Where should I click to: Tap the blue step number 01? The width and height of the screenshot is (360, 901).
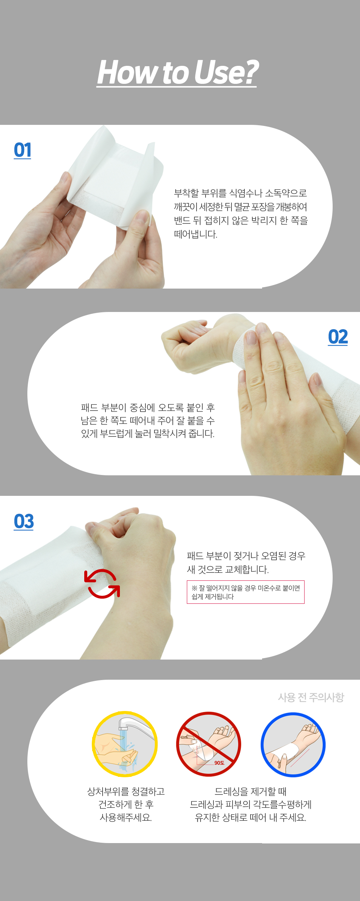[22, 150]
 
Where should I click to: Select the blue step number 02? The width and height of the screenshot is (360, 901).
[338, 337]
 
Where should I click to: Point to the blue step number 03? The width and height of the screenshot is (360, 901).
[24, 521]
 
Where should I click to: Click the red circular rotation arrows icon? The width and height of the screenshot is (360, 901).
[102, 584]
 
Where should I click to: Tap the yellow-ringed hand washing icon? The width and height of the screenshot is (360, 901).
[125, 744]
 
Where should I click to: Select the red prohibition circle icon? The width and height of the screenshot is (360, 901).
[208, 744]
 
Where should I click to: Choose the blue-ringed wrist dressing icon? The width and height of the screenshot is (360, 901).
[293, 744]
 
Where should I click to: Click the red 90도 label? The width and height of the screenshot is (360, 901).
[219, 763]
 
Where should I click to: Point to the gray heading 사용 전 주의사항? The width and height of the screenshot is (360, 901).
[311, 697]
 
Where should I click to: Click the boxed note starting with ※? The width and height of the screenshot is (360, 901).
[246, 592]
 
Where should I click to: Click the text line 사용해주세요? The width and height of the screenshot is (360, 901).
[126, 818]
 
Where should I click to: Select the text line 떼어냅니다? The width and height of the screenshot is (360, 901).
[195, 234]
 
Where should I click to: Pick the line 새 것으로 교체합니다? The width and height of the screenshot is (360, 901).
[228, 570]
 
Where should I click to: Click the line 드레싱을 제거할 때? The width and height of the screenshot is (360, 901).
[251, 792]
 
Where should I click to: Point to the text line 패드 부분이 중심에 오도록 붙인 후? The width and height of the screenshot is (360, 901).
[148, 407]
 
